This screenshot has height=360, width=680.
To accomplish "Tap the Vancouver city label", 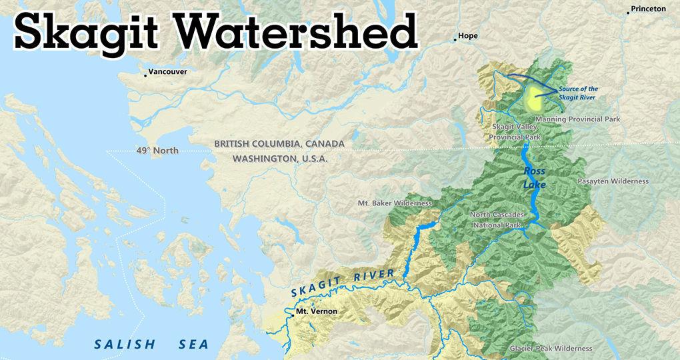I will (x=167, y=71).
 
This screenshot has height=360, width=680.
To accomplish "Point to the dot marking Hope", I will (x=455, y=40).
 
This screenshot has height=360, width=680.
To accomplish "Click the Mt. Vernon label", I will (x=316, y=311).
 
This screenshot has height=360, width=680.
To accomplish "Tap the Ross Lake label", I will (x=535, y=178).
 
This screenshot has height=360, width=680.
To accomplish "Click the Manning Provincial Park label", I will (x=578, y=119).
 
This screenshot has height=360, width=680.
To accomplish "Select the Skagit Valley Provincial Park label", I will (x=516, y=131).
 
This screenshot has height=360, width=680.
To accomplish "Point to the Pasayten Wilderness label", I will (x=613, y=181).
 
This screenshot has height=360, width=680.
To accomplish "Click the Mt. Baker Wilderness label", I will (x=395, y=203).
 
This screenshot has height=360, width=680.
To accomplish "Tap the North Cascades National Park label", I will (x=497, y=220).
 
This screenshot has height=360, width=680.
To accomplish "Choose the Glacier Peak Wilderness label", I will (x=551, y=348).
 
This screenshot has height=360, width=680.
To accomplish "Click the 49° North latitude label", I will (x=157, y=151).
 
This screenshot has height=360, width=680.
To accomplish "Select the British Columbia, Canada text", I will (x=279, y=144).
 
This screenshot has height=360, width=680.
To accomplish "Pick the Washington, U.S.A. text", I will (x=280, y=159).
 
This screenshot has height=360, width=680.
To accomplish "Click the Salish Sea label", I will (x=151, y=345).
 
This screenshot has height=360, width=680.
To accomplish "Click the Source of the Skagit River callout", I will (x=578, y=93).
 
